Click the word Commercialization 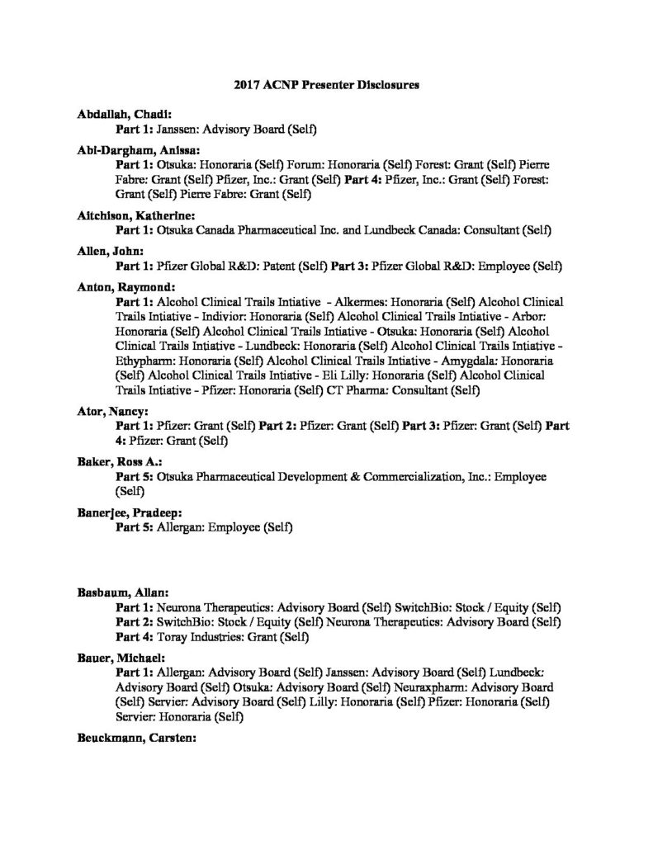coord(431,478)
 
